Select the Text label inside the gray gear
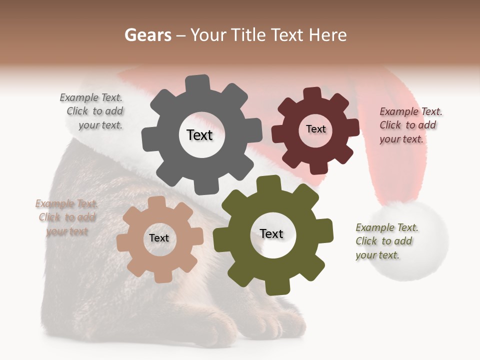coord(199,135)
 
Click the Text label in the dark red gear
coord(315,129)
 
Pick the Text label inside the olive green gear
coord(271,233)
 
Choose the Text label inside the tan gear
coord(159,238)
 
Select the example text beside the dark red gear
coord(410,125)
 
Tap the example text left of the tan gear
coord(66,217)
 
